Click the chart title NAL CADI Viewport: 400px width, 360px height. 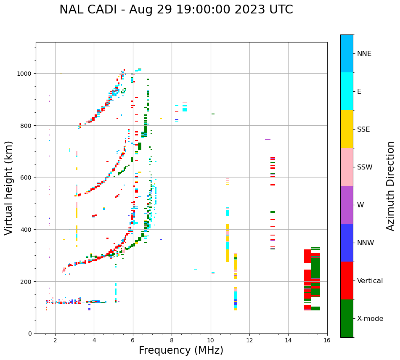click(176, 10)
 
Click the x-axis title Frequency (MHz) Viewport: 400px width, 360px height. click(181, 350)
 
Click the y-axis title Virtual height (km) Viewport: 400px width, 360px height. click(9, 188)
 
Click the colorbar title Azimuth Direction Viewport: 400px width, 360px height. click(391, 186)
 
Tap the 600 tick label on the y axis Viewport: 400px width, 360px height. click(27, 177)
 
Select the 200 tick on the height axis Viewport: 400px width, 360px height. click(27, 281)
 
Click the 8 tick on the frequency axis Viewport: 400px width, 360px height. click(172, 340)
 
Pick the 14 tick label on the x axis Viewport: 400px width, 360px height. click(288, 340)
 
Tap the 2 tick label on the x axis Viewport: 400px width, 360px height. click(55, 340)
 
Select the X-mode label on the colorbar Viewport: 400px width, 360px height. click(370, 318)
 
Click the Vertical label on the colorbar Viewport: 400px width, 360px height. click(370, 281)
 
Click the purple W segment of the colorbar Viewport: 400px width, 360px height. click(347, 205)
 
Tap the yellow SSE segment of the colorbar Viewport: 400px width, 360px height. click(347, 129)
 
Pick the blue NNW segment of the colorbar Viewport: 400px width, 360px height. click(347, 243)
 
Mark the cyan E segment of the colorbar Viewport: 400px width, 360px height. click(347, 91)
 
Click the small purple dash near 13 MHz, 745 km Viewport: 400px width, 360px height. click(268, 140)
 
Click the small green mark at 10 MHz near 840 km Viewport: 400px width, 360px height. click(213, 114)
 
